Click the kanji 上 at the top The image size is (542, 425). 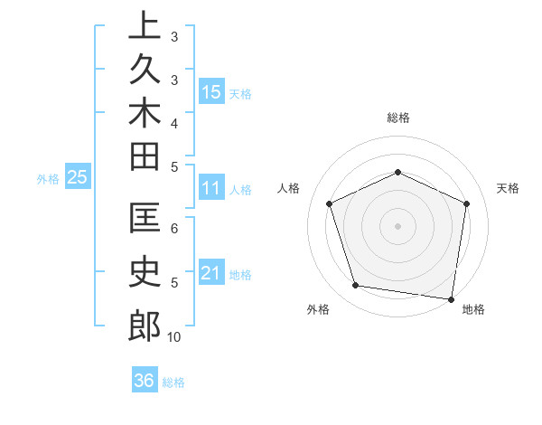click(x=145, y=24)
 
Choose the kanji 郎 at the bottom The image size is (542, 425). click(x=145, y=326)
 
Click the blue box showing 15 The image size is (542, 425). click(x=211, y=91)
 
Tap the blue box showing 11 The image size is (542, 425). click(x=211, y=189)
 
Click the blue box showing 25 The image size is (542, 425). click(x=77, y=178)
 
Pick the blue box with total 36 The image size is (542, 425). click(x=145, y=381)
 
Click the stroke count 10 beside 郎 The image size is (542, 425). click(x=174, y=337)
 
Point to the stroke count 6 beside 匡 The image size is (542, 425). click(x=174, y=228)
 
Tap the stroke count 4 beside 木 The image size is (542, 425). click(x=174, y=123)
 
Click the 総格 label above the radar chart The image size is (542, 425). click(x=397, y=118)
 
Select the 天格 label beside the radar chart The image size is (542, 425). click(x=508, y=188)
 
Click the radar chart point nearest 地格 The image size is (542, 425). click(x=452, y=297)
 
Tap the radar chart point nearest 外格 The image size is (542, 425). click(x=356, y=286)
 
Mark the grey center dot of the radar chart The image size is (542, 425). click(x=397, y=226)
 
